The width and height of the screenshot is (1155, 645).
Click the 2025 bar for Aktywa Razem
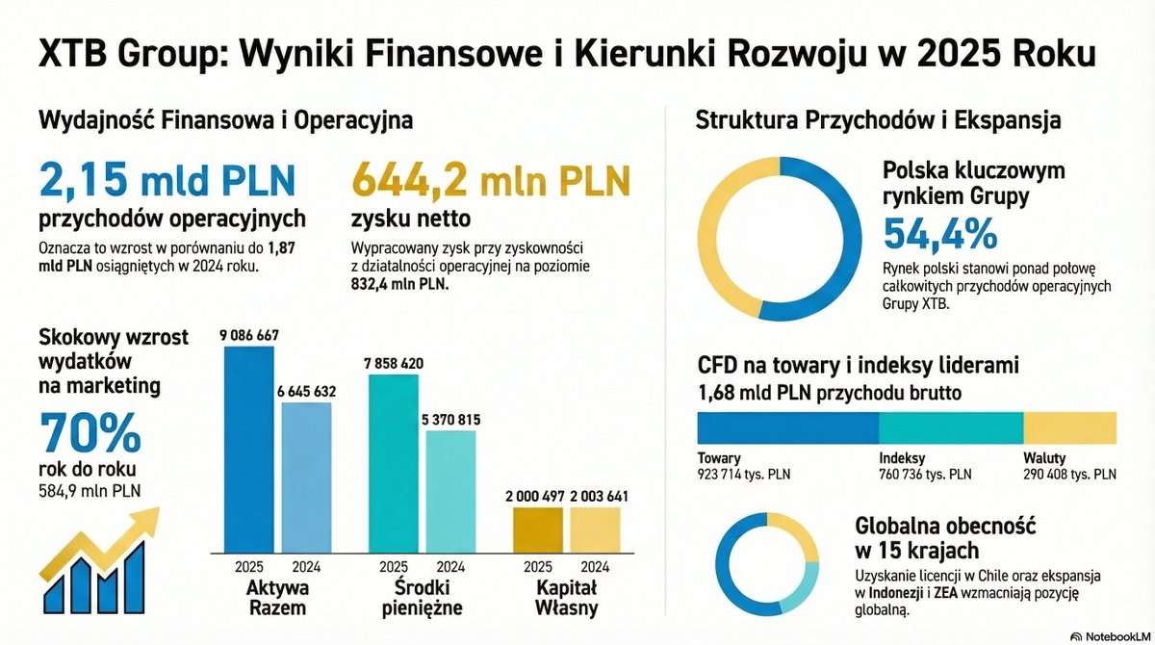click(x=248, y=448)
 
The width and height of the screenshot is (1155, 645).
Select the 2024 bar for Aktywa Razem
click(x=306, y=476)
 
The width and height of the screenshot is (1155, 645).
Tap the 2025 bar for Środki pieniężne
click(x=394, y=462)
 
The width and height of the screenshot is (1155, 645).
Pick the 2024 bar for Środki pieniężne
click(x=450, y=490)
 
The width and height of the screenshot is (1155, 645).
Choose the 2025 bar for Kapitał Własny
click(x=537, y=528)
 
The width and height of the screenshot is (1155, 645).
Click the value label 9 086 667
click(x=248, y=335)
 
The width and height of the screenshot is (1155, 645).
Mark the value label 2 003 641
click(x=600, y=496)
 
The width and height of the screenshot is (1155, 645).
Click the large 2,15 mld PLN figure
click(x=167, y=181)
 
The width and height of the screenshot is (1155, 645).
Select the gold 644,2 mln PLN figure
click(x=492, y=181)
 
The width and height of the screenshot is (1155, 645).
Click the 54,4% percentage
click(x=940, y=234)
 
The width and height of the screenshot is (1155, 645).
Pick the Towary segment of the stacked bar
click(x=787, y=427)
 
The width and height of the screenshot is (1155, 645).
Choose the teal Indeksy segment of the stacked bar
click(x=951, y=427)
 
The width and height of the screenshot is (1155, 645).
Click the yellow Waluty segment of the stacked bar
click(x=1069, y=427)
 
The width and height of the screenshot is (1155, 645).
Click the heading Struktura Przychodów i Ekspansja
click(x=878, y=121)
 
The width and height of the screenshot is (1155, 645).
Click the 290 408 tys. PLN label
click(x=1069, y=474)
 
